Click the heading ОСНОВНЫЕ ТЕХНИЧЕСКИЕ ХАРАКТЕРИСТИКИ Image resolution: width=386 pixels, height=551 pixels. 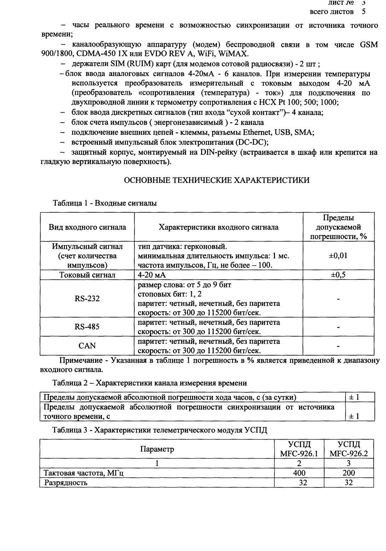[x=217, y=180]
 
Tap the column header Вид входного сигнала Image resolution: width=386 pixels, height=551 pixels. [x=87, y=227]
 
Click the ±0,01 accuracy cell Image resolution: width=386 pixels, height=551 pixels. [x=338, y=255]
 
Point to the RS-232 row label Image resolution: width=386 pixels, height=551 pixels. [x=87, y=298]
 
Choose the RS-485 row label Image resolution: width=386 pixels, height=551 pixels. [x=87, y=327]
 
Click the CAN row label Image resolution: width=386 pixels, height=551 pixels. [x=87, y=345]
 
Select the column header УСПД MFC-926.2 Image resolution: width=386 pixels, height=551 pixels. [x=349, y=449]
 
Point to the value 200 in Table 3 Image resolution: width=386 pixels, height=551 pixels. [x=349, y=473]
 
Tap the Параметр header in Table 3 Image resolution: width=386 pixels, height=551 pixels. [x=157, y=449]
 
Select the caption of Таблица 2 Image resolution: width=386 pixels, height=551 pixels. [x=150, y=383]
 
